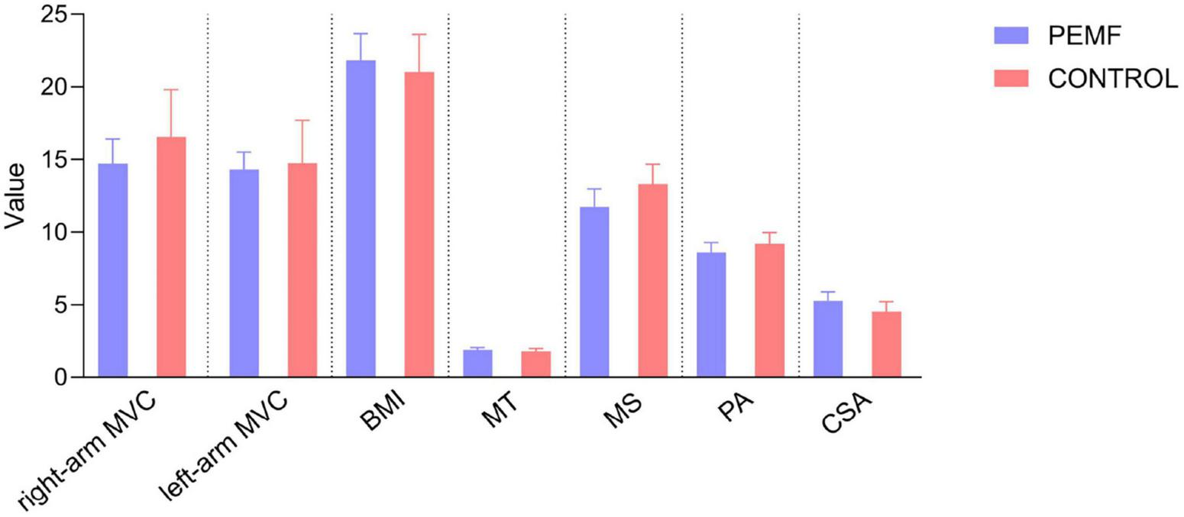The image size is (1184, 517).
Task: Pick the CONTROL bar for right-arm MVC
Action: [x=171, y=257]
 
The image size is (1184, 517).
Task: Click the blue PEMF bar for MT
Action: [x=477, y=364]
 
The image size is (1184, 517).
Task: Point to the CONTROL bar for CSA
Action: [x=886, y=344]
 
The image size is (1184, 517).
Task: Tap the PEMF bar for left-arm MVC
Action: [x=244, y=273]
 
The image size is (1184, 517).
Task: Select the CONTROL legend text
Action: [x=1113, y=79]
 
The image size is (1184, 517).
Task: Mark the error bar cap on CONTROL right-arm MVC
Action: [x=171, y=89]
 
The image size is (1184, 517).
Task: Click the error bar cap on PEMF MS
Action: [x=594, y=189]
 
